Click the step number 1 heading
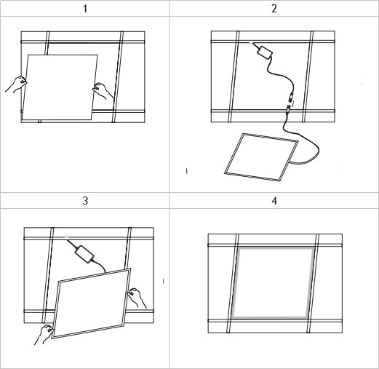click(x=85, y=9)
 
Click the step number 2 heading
click(x=274, y=9)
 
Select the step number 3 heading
click(x=85, y=201)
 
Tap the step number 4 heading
click(x=274, y=201)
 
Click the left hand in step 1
click(x=17, y=84)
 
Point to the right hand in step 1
click(x=103, y=91)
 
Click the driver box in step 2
click(x=265, y=52)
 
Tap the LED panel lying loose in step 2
click(x=261, y=157)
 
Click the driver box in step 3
click(x=84, y=254)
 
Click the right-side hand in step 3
click(x=137, y=298)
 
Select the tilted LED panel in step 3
click(x=92, y=303)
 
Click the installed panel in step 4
click(x=272, y=282)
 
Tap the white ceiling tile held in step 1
click(x=60, y=87)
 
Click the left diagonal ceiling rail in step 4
click(x=233, y=283)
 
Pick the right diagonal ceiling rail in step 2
click(x=307, y=76)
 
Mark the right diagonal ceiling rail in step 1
click(x=117, y=77)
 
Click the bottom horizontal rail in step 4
click(x=275, y=320)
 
